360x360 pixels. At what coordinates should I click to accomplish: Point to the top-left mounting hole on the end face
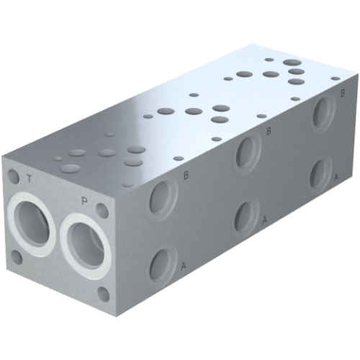click(x=13, y=175)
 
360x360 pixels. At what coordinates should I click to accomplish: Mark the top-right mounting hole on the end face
click(x=104, y=211)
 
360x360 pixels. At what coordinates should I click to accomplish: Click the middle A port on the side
click(x=246, y=215)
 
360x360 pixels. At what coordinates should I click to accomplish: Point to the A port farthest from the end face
click(x=319, y=174)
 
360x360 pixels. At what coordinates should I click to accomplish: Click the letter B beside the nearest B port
click(x=186, y=175)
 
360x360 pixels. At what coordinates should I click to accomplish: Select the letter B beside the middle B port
click(x=269, y=130)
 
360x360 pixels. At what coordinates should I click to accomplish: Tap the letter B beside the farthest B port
click(x=342, y=92)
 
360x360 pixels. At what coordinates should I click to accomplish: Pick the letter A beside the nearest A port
click(x=185, y=267)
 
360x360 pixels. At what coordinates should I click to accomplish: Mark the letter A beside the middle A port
click(x=265, y=220)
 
